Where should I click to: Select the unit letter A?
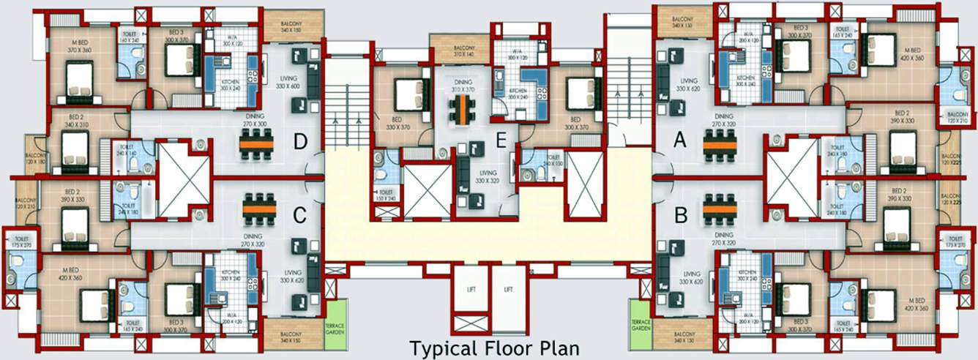pos(679,143)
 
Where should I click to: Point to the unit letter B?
pos(680,216)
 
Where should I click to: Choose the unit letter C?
pos(299,216)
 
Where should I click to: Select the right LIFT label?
pos(508,289)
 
